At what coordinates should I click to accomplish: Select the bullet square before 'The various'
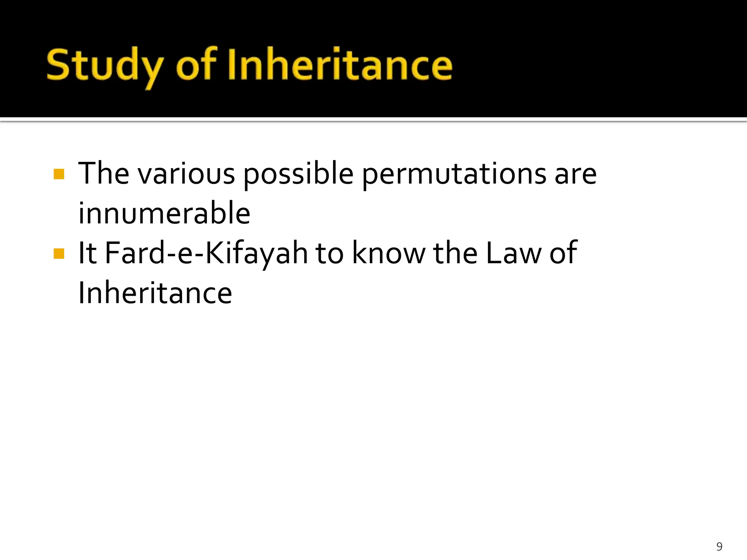point(59,174)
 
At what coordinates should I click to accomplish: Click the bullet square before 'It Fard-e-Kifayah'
point(59,253)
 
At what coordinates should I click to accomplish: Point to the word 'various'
point(186,174)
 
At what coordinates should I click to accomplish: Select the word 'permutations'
point(454,174)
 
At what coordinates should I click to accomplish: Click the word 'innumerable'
point(164,213)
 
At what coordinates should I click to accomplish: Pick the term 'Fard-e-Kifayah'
point(206,253)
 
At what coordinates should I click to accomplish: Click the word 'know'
point(388,253)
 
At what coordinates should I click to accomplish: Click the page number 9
point(719,546)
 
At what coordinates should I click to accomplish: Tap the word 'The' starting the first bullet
point(104,174)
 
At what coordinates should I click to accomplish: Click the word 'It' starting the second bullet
point(88,253)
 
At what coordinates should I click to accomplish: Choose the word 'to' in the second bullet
point(329,253)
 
